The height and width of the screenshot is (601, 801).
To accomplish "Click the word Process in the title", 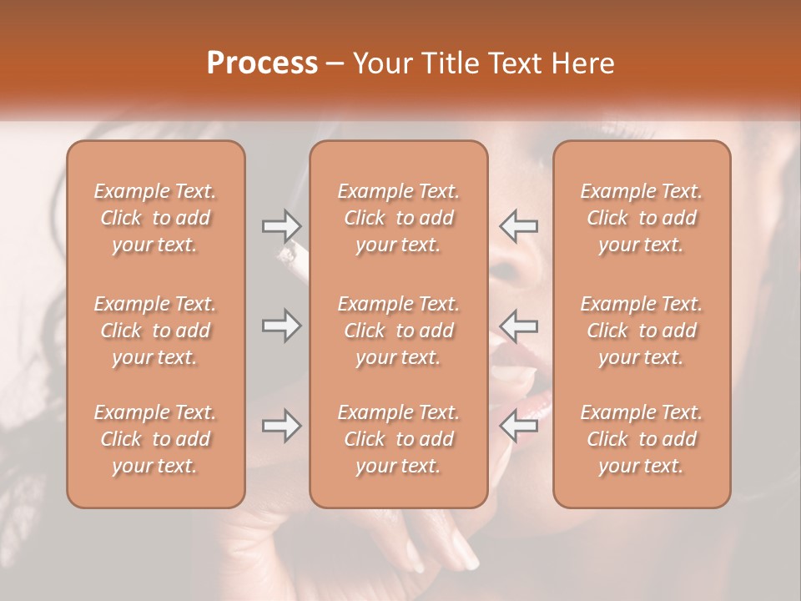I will pyautogui.click(x=262, y=63).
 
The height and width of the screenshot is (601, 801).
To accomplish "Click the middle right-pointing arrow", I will pyautogui.click(x=281, y=326).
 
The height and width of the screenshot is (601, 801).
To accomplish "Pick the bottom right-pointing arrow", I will pyautogui.click(x=281, y=427).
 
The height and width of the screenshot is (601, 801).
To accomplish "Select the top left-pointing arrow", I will pyautogui.click(x=518, y=226).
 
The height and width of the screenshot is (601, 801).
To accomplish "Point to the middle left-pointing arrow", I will pyautogui.click(x=518, y=326).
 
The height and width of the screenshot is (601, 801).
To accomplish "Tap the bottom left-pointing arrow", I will pyautogui.click(x=518, y=427).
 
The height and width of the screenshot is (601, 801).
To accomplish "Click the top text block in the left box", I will pyautogui.click(x=155, y=218).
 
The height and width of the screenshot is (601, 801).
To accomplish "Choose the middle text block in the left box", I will pyautogui.click(x=155, y=331).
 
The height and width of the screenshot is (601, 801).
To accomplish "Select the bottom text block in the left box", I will pyautogui.click(x=155, y=439).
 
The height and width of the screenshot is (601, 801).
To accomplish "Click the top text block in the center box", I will pyautogui.click(x=398, y=218).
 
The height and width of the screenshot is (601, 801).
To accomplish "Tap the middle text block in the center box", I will pyautogui.click(x=398, y=331).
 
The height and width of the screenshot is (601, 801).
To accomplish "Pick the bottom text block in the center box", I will pyautogui.click(x=398, y=439).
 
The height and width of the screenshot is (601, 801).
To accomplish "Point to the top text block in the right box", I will pyautogui.click(x=641, y=218).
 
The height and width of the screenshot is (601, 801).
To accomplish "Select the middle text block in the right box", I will pyautogui.click(x=641, y=331).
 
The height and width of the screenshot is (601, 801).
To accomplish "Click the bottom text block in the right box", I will pyautogui.click(x=641, y=439).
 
